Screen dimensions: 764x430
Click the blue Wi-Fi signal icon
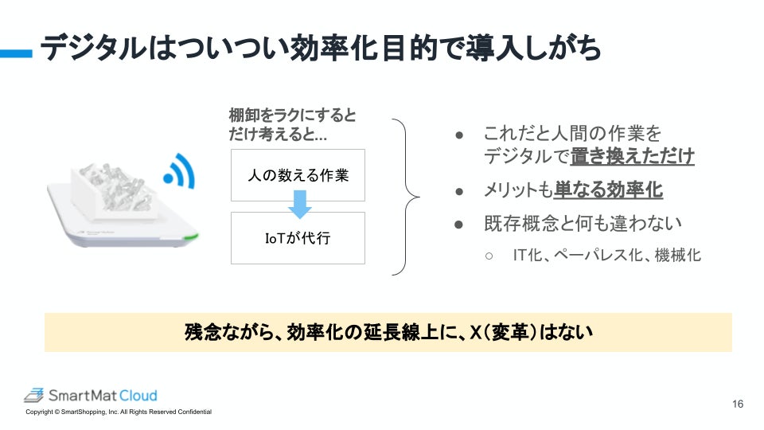pyautogui.click(x=179, y=170)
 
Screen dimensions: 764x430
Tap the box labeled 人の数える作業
pyautogui.click(x=298, y=175)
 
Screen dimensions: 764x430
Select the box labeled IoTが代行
pyautogui.click(x=298, y=238)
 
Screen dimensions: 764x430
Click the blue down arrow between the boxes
pyautogui.click(x=299, y=207)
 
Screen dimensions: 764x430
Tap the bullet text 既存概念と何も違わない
pyautogui.click(x=571, y=224)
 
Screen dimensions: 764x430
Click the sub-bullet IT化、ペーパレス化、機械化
pyautogui.click(x=606, y=256)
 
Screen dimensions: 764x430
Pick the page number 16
pyautogui.click(x=738, y=405)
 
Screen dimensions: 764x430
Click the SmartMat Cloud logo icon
pyautogui.click(x=33, y=395)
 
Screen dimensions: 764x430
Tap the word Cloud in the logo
pyautogui.click(x=139, y=395)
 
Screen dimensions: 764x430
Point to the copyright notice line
pyautogui.click(x=119, y=412)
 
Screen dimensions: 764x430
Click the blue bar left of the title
pyautogui.click(x=16, y=53)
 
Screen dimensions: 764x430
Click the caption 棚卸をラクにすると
pyautogui.click(x=293, y=115)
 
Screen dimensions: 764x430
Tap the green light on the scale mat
pyautogui.click(x=189, y=236)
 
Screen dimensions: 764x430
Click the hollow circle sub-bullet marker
pyautogui.click(x=489, y=256)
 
